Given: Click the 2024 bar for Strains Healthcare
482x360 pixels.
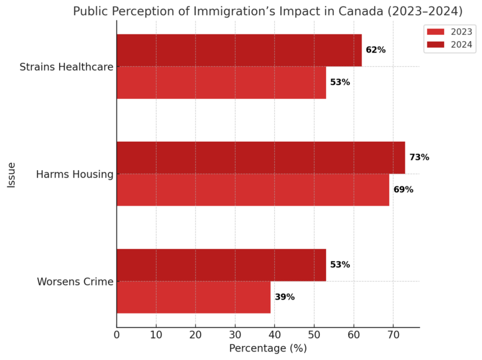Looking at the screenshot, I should click(x=239, y=50).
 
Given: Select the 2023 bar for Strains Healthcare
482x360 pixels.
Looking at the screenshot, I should click(x=221, y=83).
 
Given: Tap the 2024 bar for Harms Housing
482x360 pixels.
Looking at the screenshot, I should click(x=260, y=157).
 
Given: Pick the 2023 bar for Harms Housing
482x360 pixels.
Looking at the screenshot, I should click(x=252, y=190).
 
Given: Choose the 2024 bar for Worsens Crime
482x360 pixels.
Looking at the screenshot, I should click(x=221, y=265).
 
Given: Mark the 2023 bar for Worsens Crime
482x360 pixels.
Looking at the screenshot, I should click(x=193, y=297).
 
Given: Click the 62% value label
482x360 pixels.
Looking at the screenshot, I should click(x=375, y=50).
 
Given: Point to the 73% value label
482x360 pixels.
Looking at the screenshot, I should click(x=419, y=157).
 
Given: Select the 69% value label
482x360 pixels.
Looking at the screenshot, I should click(x=403, y=190).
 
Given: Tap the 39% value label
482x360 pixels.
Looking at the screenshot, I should click(x=284, y=297).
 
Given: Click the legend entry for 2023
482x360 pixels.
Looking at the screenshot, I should click(x=449, y=32).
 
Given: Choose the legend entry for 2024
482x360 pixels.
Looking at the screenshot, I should click(x=449, y=44).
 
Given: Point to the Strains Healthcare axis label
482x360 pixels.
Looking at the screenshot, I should click(x=66, y=66).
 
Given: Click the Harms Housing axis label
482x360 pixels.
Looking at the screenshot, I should click(x=75, y=174).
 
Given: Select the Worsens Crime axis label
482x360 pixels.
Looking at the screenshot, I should click(x=75, y=282).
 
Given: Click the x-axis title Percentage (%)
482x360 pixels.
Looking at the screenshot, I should click(x=268, y=349).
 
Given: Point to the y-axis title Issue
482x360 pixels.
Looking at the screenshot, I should click(x=12, y=174).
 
